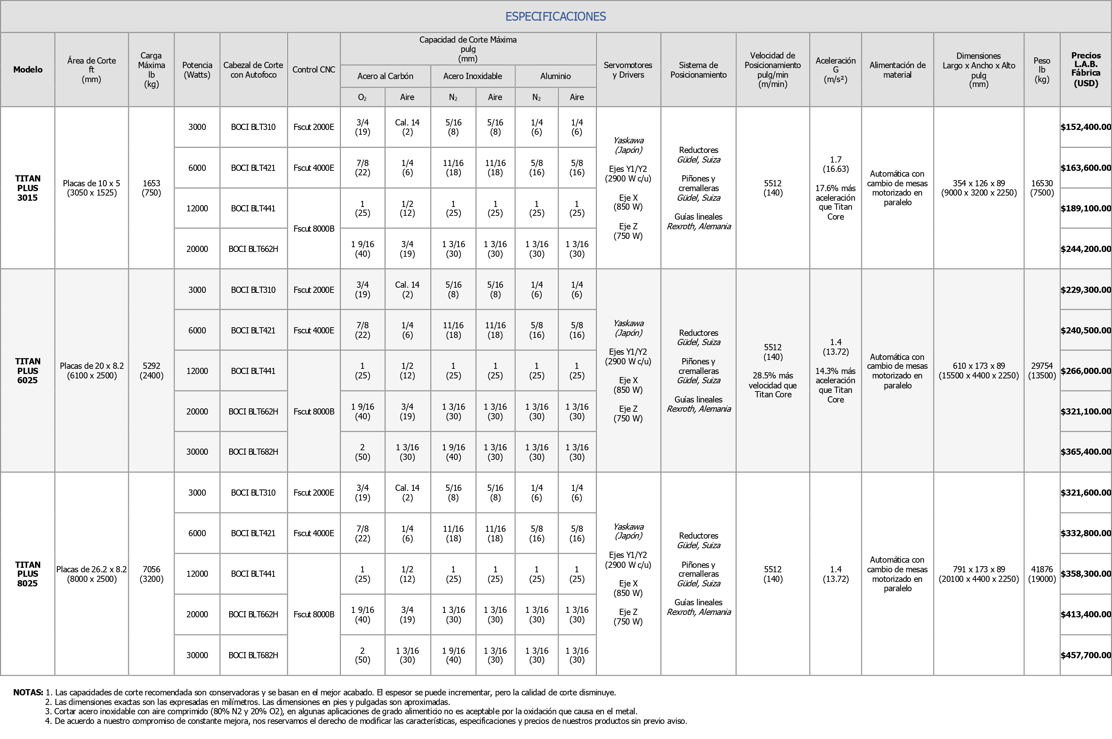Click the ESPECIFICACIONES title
click(556, 16)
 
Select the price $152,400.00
click(1086, 127)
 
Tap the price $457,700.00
click(1086, 655)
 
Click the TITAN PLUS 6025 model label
click(28, 371)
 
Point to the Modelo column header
click(28, 70)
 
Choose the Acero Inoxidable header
click(472, 76)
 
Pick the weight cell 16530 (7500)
click(1042, 188)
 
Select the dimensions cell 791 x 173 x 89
click(979, 574)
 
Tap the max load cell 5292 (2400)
click(151, 371)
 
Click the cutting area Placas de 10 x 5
click(91, 188)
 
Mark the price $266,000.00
click(1086, 371)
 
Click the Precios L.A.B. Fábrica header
click(1086, 70)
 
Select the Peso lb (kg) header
click(1042, 70)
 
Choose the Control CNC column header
click(314, 70)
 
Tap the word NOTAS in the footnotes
click(28, 692)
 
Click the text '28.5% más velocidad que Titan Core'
click(773, 385)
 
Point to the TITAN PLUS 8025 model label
click(28, 574)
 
